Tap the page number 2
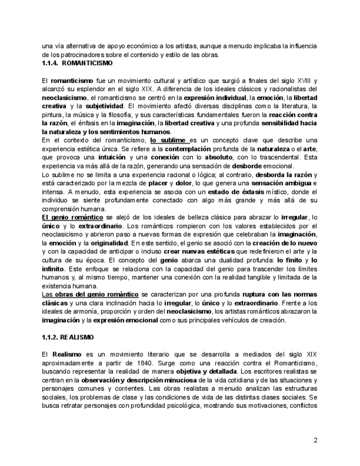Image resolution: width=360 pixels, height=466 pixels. click(x=315, y=440)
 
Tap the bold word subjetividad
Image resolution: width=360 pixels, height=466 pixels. click(x=90, y=106)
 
